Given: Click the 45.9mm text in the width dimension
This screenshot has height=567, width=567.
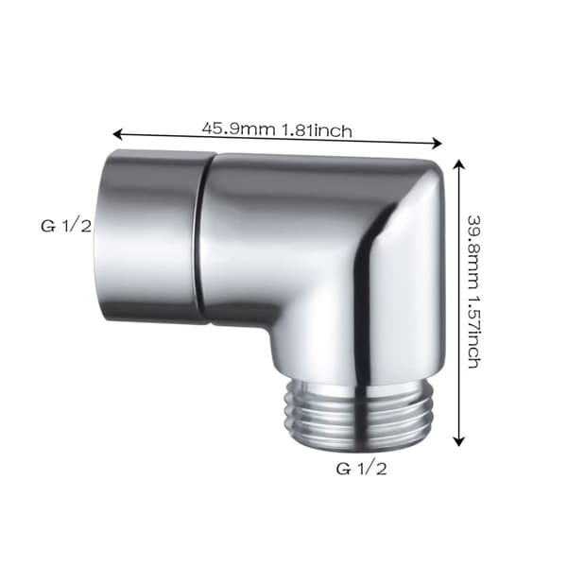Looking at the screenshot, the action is tap(238, 129).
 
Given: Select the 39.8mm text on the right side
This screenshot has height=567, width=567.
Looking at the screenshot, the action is tap(473, 252).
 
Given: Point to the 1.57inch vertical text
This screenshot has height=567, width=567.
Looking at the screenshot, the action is tap(473, 333).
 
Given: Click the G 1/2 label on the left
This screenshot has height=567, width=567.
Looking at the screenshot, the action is tap(66, 227).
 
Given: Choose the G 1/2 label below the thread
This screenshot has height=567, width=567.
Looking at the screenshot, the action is tap(361, 469).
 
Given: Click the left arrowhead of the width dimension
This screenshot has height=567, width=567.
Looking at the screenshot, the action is tap(116, 134).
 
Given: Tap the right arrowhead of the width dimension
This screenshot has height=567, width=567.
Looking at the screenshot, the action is tap(438, 144).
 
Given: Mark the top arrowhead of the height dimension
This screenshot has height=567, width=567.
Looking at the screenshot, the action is tap(459, 164).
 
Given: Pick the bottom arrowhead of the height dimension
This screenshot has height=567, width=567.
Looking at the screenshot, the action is tap(459, 441).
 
